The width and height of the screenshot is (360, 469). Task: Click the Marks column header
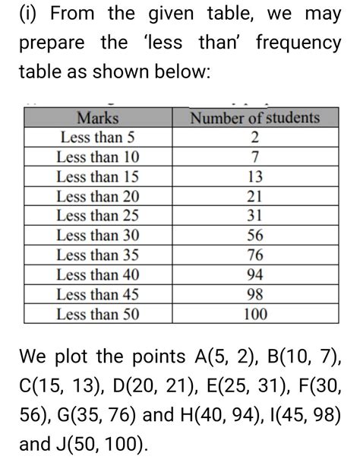point(99,119)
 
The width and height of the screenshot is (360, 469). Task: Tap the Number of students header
point(255,119)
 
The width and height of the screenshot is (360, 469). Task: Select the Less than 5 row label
point(99,138)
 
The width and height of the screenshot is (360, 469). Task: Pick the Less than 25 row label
point(99,215)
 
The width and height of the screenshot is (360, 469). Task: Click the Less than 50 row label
point(99,312)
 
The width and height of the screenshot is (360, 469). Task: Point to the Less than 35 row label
point(99,254)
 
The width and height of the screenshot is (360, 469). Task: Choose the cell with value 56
point(255,235)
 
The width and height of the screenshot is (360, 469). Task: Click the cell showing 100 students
point(255,312)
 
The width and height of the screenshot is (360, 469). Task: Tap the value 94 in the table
point(255,274)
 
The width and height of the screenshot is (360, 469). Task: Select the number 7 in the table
point(255,157)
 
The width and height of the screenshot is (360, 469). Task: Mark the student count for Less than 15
point(255,176)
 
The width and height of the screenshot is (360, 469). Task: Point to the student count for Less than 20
point(255,196)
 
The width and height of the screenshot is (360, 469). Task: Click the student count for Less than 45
point(255,293)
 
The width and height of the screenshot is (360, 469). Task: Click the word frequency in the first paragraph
point(298,44)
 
